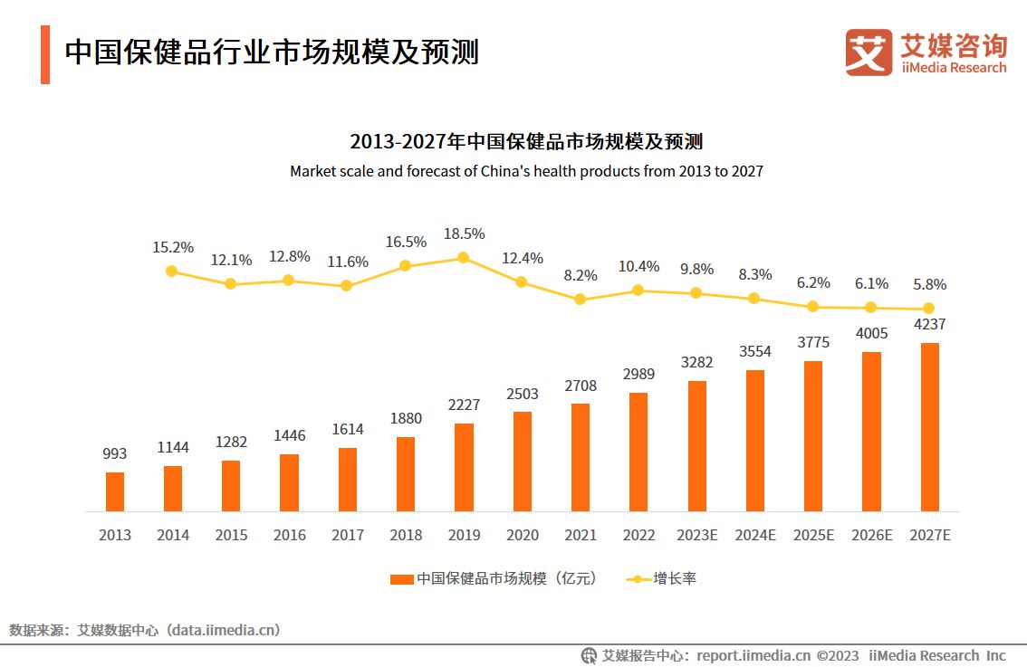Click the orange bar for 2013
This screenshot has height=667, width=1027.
coord(115,491)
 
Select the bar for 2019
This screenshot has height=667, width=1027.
coord(464,467)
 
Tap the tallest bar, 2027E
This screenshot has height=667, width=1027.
coord(929,427)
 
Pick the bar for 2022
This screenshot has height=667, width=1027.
coord(638,452)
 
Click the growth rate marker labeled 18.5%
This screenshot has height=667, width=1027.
coord(463,257)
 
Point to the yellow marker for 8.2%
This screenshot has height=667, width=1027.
coord(580,299)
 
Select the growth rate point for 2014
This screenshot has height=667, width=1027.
coord(172,271)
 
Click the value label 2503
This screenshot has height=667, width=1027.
coord(522,394)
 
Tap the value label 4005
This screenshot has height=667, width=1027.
coord(871,333)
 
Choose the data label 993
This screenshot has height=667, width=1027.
coord(115,453)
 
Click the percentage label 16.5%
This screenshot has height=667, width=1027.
coord(405,242)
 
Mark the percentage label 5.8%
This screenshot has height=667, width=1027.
coord(929,284)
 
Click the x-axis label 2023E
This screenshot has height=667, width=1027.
coord(696,535)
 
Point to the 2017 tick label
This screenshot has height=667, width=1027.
coord(348,535)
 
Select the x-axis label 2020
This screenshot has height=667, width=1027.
coord(522,535)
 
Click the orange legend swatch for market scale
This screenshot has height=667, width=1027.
coord(402,579)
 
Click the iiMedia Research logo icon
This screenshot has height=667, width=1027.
coord(869,52)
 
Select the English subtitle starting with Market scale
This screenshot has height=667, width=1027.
coord(526,171)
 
